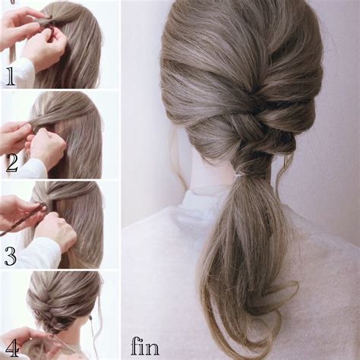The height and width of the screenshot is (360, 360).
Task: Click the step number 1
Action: pyautogui.click(x=10, y=76)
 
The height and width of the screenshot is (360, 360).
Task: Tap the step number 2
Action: pyautogui.click(x=12, y=163)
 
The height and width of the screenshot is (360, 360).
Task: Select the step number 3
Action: pyautogui.click(x=11, y=256)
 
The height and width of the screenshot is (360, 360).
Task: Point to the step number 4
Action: pyautogui.click(x=12, y=349)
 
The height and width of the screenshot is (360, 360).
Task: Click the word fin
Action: pyautogui.click(x=145, y=346)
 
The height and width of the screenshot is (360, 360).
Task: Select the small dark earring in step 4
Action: pyautogui.click(x=90, y=317)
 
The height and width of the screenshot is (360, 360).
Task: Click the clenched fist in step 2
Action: pyautogui.click(x=47, y=147)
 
